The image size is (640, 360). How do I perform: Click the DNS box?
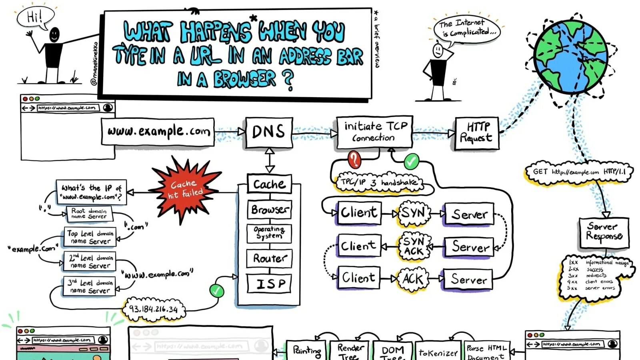click(x=269, y=132)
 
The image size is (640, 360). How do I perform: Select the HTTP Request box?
click(x=476, y=133)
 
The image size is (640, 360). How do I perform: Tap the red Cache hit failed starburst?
click(x=185, y=189)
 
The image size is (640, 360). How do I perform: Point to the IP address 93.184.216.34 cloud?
click(x=154, y=309)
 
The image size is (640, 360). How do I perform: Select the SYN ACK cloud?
click(x=414, y=246)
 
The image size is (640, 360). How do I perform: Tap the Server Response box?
click(x=604, y=232)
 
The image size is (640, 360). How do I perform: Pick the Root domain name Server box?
click(x=89, y=213)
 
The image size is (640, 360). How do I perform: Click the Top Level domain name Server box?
click(x=90, y=237)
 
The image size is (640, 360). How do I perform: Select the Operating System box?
click(x=269, y=233)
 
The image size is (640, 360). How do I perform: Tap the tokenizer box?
click(x=438, y=352)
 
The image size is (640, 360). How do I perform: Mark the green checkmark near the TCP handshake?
click(x=411, y=162)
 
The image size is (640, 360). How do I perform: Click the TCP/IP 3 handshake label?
click(x=378, y=182)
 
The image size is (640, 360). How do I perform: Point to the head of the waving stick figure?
click(x=54, y=34)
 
